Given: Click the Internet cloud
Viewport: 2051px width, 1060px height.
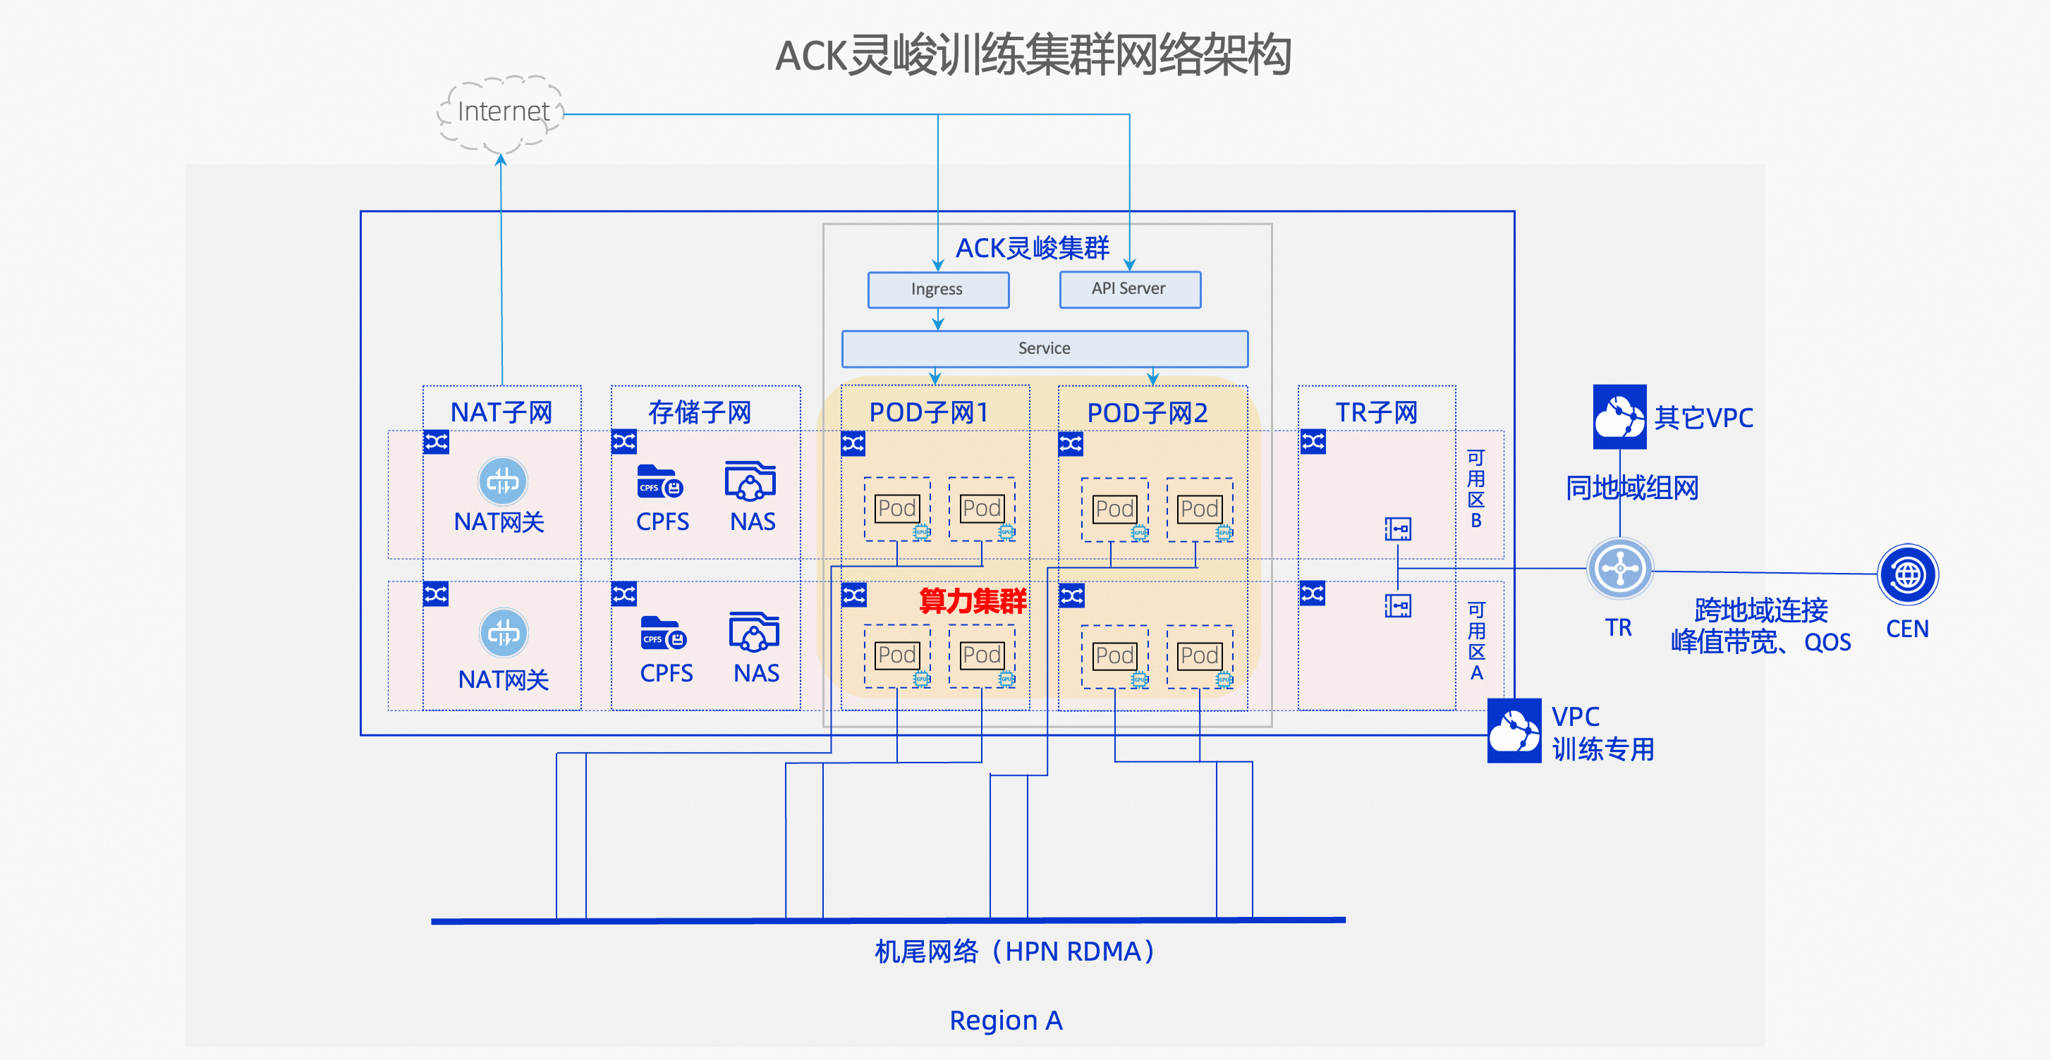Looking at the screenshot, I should (x=501, y=112).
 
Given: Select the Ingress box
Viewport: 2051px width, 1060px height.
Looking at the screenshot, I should (x=938, y=290).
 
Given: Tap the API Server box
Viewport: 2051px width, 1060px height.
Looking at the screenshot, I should (x=1129, y=289).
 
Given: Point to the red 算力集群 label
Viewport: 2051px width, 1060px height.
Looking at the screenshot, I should (x=972, y=600).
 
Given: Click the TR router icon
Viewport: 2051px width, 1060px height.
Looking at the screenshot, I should (x=1619, y=569).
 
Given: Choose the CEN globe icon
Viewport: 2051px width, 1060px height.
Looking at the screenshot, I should (x=1907, y=574).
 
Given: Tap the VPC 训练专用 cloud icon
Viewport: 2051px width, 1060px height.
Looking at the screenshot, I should (x=1514, y=731).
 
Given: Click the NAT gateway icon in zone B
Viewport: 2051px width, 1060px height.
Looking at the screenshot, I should (x=502, y=481).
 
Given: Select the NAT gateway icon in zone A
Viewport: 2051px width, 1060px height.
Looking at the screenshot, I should (x=503, y=633).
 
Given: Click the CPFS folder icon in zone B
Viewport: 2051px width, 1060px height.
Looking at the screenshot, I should (x=660, y=481).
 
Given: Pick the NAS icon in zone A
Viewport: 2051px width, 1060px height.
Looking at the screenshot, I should (x=754, y=632).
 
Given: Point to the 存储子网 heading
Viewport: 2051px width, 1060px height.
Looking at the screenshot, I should (x=699, y=412).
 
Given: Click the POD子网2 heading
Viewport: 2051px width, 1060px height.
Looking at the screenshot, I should (x=1148, y=413).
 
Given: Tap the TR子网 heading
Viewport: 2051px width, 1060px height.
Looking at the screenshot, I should (x=1376, y=412).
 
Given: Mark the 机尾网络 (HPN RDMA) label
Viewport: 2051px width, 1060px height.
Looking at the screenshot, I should (x=1015, y=951).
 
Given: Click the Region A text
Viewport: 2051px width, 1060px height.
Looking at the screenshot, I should (x=1006, y=1021).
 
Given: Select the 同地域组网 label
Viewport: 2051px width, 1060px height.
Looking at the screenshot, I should (x=1632, y=488).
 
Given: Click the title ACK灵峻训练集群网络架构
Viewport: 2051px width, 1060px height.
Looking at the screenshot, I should (x=1033, y=55).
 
